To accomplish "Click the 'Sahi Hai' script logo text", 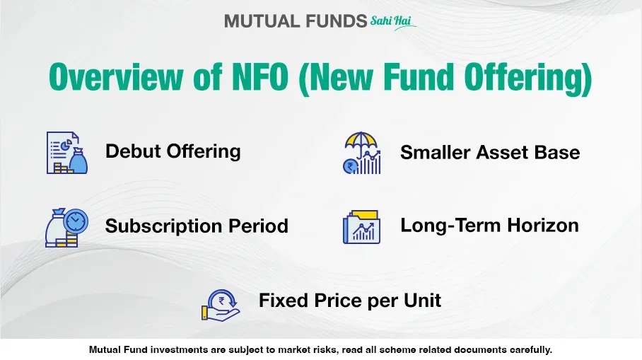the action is (x=392, y=22).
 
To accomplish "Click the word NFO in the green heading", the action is (x=260, y=76).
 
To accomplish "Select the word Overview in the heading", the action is (x=116, y=76).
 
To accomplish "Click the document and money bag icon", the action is (x=66, y=152).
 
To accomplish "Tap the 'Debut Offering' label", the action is (x=173, y=151).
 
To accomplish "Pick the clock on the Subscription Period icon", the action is (x=76, y=221).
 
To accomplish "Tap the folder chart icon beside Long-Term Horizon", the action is (x=361, y=227).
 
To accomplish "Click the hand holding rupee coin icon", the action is (x=221, y=306).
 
